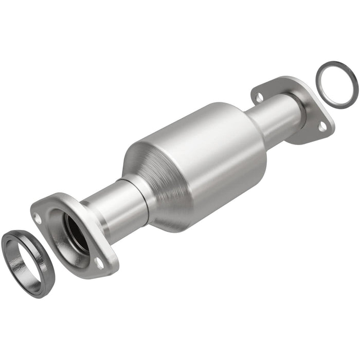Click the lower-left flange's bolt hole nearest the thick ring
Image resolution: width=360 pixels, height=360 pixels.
pyautogui.click(x=38, y=218)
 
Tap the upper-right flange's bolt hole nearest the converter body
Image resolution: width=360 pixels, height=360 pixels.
pyautogui.click(x=259, y=97)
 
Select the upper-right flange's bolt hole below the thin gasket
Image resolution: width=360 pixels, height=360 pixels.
pyautogui.click(x=322, y=125)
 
